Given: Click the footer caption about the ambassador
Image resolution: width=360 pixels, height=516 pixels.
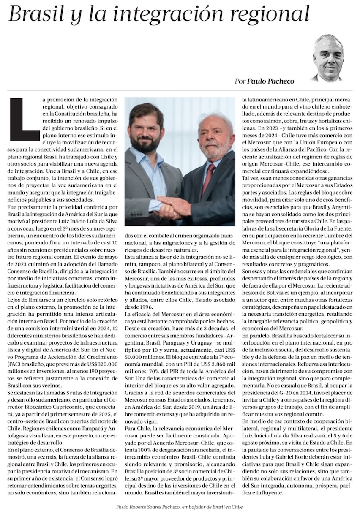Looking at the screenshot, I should point(180,507).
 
